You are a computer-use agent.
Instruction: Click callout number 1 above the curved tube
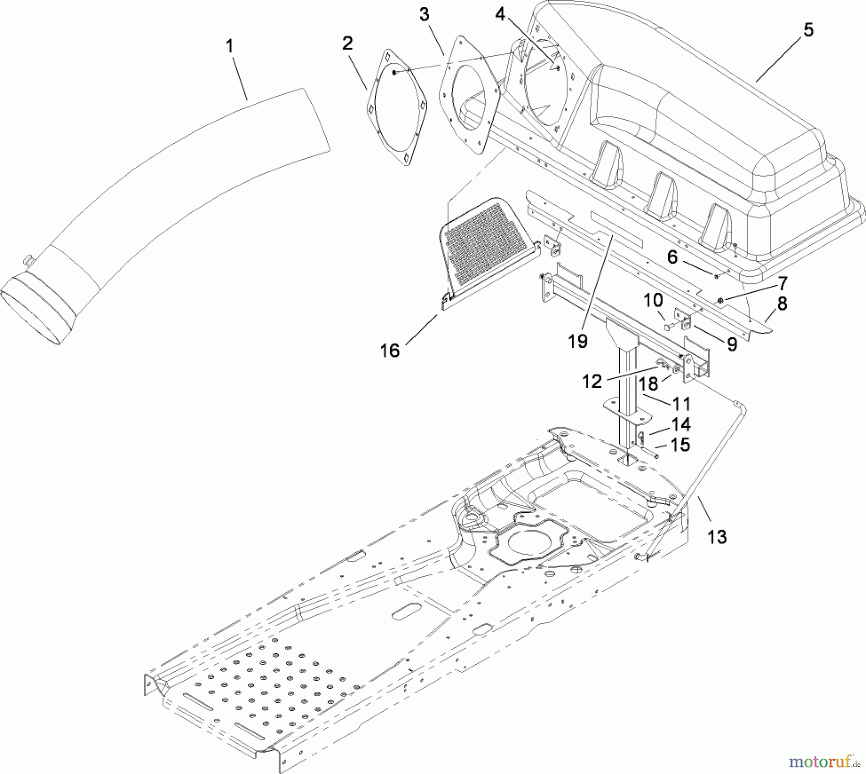(x=229, y=47)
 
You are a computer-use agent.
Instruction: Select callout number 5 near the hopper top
(x=808, y=30)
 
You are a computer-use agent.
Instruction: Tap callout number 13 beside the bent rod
(x=717, y=536)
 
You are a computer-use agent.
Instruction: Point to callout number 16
(x=390, y=350)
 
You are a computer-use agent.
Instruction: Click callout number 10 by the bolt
(x=653, y=300)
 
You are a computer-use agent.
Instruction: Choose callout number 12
(x=592, y=381)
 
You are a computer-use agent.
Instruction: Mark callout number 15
(x=680, y=444)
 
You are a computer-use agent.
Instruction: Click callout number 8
(x=782, y=304)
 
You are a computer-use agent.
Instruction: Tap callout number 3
(x=424, y=14)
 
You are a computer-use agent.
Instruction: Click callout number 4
(x=500, y=14)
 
